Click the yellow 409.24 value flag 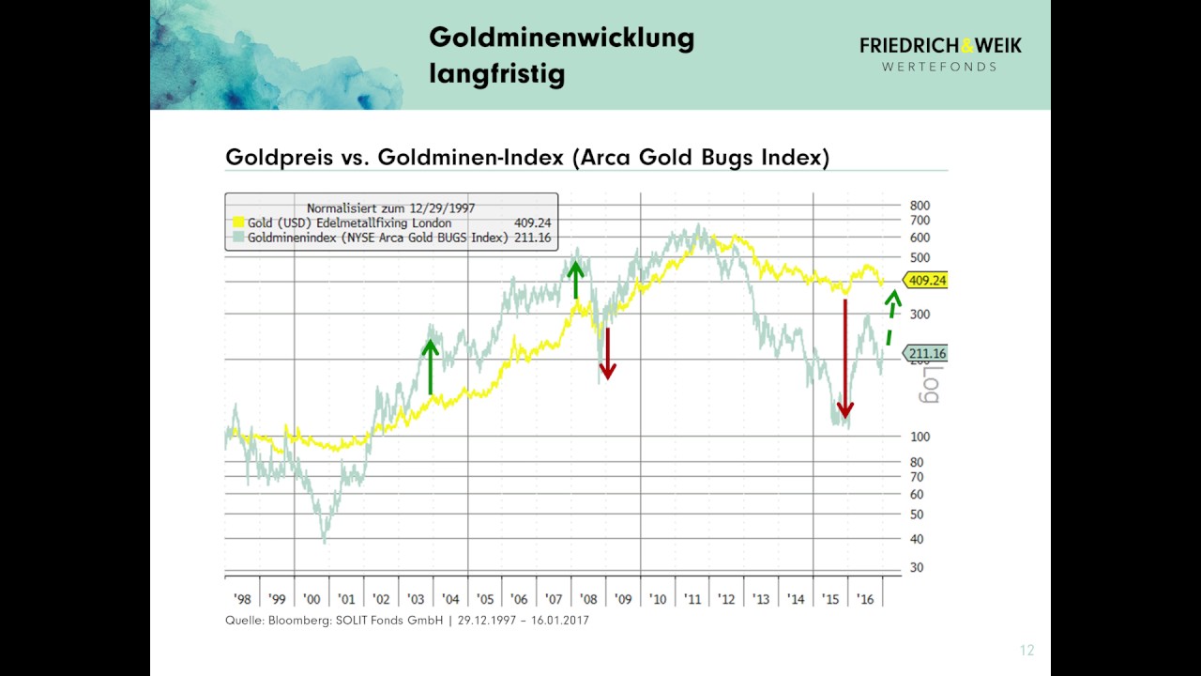pos(925,280)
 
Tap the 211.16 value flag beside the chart pos(925,354)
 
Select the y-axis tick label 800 pos(920,206)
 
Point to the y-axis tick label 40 pos(916,539)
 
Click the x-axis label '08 pos(587,599)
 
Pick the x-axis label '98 pos(241,599)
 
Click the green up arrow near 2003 pos(430,366)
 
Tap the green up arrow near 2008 pos(576,280)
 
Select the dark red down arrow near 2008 pos(607,353)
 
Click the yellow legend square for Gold pos(238,223)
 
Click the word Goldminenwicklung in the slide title pos(561,38)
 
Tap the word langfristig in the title pos(496,74)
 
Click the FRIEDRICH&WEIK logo pos(940,53)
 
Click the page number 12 pos(1026,651)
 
